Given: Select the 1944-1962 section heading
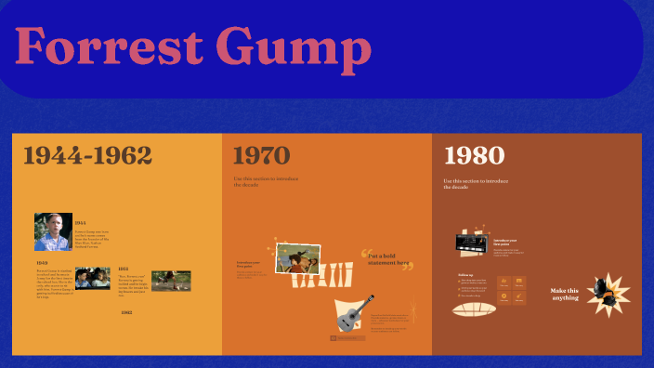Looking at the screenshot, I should [x=87, y=156].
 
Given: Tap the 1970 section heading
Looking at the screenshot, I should [x=261, y=156].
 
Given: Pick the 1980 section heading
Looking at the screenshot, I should [x=474, y=155].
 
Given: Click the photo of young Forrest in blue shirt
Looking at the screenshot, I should [x=53, y=231].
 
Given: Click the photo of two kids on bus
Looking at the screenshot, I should [x=93, y=277].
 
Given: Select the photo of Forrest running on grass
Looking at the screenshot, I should [x=171, y=280].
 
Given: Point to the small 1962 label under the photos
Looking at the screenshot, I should [x=126, y=313].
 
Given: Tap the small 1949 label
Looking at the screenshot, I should [x=43, y=263].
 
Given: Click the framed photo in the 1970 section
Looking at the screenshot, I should [x=298, y=259].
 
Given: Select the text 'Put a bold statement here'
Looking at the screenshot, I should [x=388, y=259].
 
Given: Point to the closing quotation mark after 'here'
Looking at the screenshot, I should [x=407, y=268].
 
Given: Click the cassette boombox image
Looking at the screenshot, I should [x=473, y=243].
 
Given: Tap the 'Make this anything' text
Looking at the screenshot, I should [x=564, y=294].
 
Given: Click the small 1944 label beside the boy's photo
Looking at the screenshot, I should [x=81, y=223].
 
